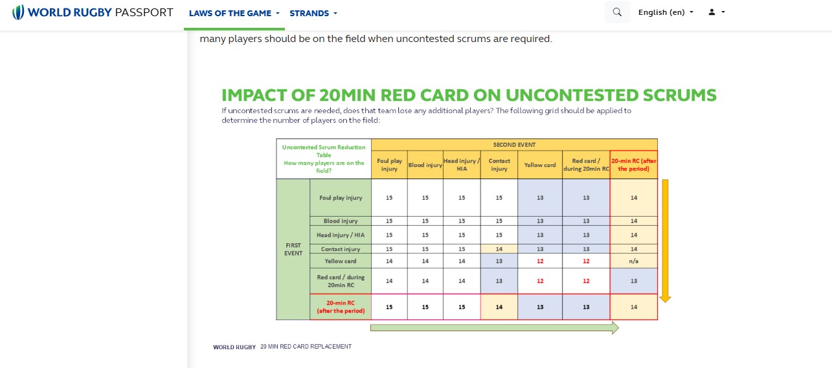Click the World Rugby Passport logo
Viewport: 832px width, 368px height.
93,12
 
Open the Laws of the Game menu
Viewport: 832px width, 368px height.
234,13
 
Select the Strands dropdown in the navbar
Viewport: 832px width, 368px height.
313,13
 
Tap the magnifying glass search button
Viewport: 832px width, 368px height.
617,12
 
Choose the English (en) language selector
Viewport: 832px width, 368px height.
666,12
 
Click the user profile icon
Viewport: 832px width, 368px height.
716,12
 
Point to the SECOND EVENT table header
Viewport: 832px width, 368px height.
514,144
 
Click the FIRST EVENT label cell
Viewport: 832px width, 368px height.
293,249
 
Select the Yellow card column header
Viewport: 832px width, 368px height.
540,165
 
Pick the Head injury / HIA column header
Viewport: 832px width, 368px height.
462,165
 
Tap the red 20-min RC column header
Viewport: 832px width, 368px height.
634,165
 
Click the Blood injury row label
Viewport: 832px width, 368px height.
341,221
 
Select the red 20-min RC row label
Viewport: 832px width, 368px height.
341,307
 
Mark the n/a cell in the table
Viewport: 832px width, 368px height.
633,261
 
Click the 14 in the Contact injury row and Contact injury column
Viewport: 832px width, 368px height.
499,249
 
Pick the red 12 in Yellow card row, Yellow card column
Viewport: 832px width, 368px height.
540,261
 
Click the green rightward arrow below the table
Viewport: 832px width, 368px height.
495,328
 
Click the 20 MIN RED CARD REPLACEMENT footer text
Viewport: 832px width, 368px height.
306,347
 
